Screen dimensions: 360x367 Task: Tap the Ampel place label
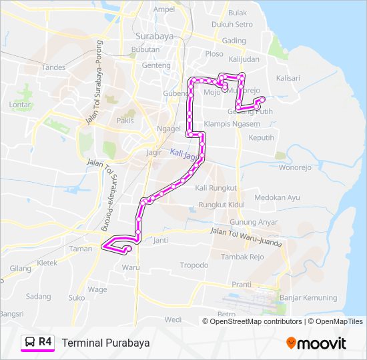pos(164,9)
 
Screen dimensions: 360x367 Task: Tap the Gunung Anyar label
pos(234,222)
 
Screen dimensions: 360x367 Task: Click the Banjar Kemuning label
pos(309,297)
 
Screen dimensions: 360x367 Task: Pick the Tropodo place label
pos(194,265)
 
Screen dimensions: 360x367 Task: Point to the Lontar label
pos(21,105)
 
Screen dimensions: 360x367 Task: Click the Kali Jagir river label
pos(186,155)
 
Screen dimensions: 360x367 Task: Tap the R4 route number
pos(45,341)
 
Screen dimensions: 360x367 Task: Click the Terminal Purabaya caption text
pos(105,343)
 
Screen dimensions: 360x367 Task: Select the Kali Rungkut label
pos(216,188)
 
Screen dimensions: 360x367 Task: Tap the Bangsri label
pos(12,313)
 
